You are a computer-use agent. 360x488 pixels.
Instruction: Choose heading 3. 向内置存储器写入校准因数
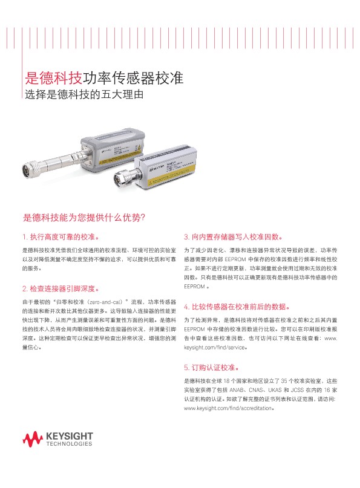232,236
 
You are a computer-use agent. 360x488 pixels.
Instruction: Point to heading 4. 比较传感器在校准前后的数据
240,306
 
